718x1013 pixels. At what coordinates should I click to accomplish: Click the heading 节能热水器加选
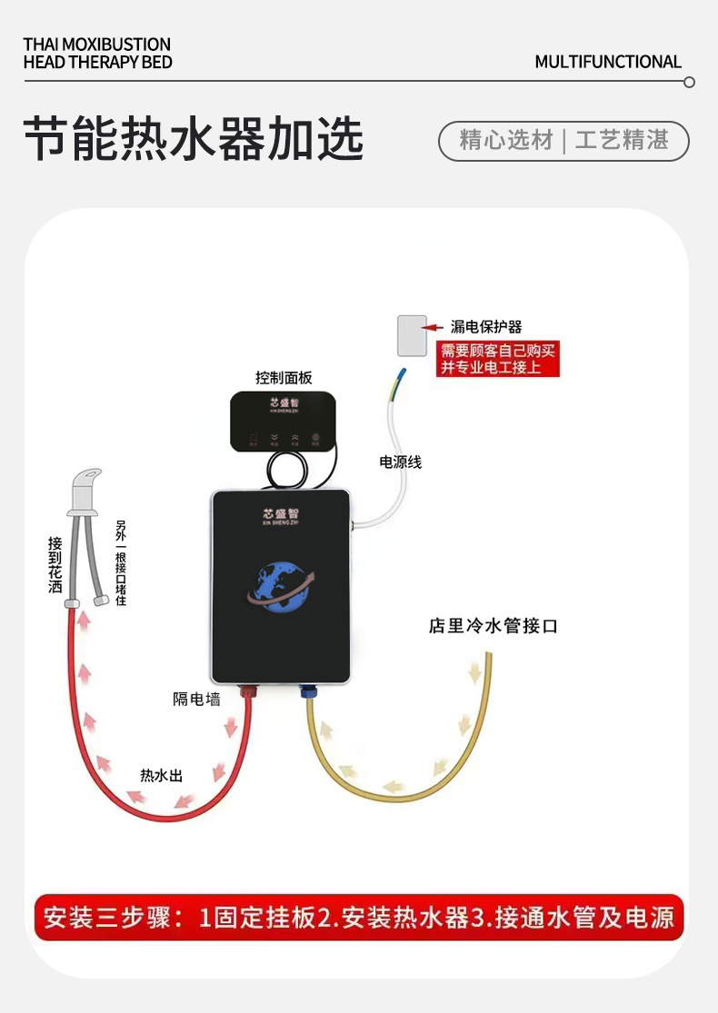click(193, 140)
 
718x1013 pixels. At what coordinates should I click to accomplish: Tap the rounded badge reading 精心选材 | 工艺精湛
click(563, 141)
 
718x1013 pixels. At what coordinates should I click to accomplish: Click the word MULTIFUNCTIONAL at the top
click(607, 62)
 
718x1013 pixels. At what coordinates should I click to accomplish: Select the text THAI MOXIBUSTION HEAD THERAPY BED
click(97, 54)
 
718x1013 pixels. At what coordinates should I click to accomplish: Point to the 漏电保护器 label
click(486, 327)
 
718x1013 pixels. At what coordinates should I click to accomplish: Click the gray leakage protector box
click(412, 335)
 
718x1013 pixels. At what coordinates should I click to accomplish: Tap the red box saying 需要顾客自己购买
click(498, 359)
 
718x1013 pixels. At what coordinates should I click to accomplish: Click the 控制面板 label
click(284, 378)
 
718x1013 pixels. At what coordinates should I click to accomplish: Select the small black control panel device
click(283, 422)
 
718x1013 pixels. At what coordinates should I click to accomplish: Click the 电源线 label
click(400, 462)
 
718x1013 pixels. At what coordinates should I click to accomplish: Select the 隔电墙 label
click(196, 699)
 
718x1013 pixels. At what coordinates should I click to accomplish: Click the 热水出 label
click(161, 775)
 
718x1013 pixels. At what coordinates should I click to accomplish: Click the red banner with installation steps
click(358, 917)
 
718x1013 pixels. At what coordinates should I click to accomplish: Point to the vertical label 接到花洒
click(56, 564)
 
